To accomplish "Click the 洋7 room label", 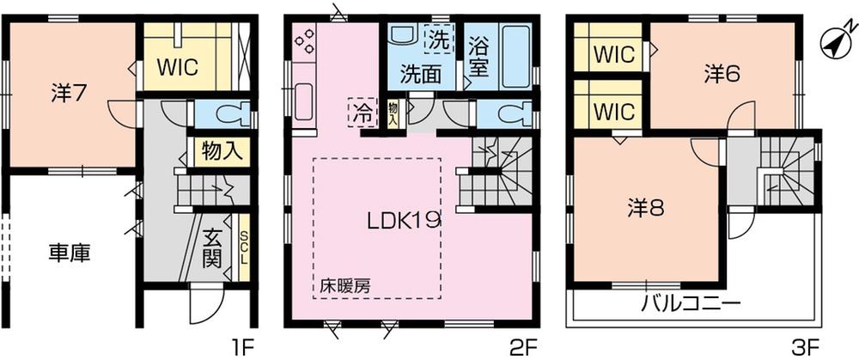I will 66,94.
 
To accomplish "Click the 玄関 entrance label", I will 213,247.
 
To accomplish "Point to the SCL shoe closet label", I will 243,248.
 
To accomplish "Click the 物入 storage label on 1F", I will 220,152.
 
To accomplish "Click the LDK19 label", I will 404,220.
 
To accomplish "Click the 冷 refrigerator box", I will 360,113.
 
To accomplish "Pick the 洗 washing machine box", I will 438,39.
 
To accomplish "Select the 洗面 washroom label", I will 424,74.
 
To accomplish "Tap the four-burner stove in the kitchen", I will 306,42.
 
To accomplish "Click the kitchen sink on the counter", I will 304,103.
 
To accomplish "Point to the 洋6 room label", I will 722,75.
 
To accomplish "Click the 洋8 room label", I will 644,208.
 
